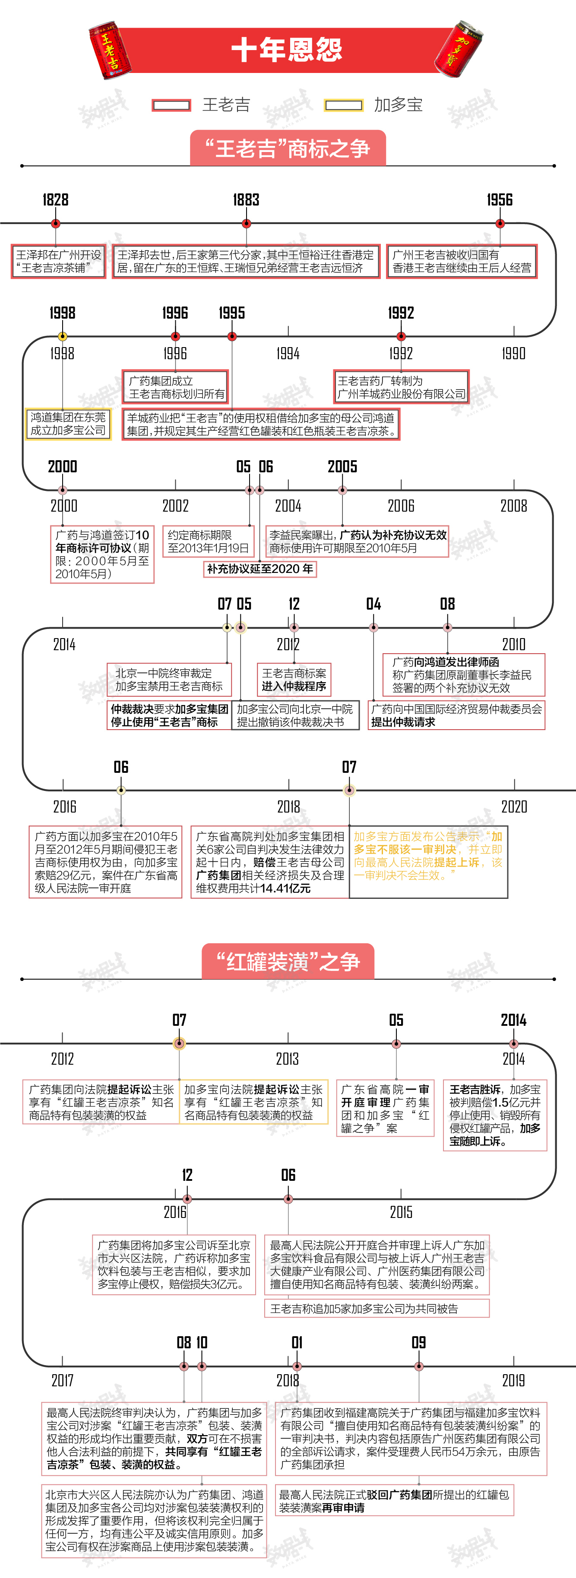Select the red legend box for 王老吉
[x=171, y=105]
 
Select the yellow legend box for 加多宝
[x=343, y=105]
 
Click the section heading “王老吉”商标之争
[x=288, y=148]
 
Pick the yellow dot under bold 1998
[x=63, y=336]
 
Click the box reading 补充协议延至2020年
[x=260, y=569]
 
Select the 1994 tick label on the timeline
[x=288, y=354]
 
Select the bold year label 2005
[x=342, y=467]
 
